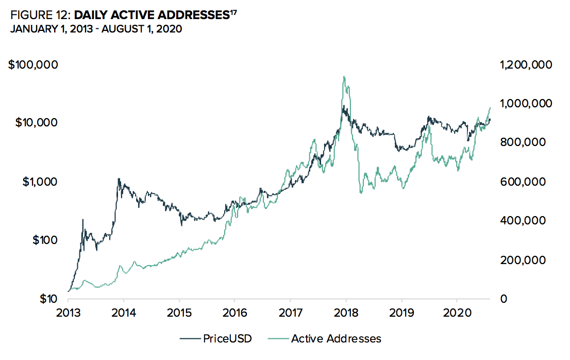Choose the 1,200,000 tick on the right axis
click(525, 65)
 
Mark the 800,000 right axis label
click(524, 142)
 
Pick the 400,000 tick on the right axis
click(524, 220)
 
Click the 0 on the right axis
click(502, 298)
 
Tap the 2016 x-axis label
click(234, 314)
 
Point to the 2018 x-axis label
click(346, 314)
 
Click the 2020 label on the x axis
click(457, 314)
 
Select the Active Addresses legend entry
click(336, 338)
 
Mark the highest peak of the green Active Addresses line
click(344, 77)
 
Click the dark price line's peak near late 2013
click(119, 179)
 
